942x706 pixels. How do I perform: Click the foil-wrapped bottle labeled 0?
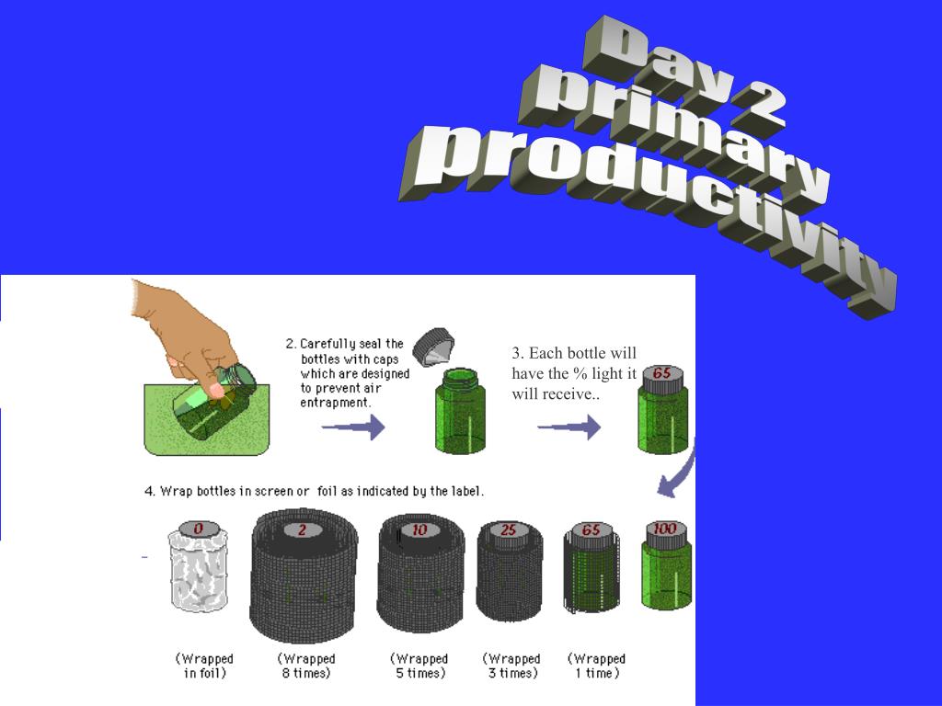(x=198, y=566)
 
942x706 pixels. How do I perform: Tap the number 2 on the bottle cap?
(x=302, y=529)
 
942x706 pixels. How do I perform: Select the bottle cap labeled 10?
(x=419, y=529)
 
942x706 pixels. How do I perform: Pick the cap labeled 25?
(x=509, y=530)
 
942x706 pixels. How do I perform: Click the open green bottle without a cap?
(x=460, y=411)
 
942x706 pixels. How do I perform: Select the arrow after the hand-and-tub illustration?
(x=353, y=427)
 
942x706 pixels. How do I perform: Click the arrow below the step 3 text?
(x=569, y=427)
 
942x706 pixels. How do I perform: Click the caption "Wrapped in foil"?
(x=205, y=666)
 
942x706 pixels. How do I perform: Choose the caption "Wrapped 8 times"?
(x=306, y=666)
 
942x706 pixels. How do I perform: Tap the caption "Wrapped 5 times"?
(x=419, y=666)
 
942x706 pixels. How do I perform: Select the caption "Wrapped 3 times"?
(x=512, y=666)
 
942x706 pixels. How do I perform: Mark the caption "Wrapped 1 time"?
(x=596, y=666)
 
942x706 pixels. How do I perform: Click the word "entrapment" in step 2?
(x=335, y=403)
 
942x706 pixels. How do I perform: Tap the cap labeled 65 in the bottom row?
(x=592, y=531)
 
